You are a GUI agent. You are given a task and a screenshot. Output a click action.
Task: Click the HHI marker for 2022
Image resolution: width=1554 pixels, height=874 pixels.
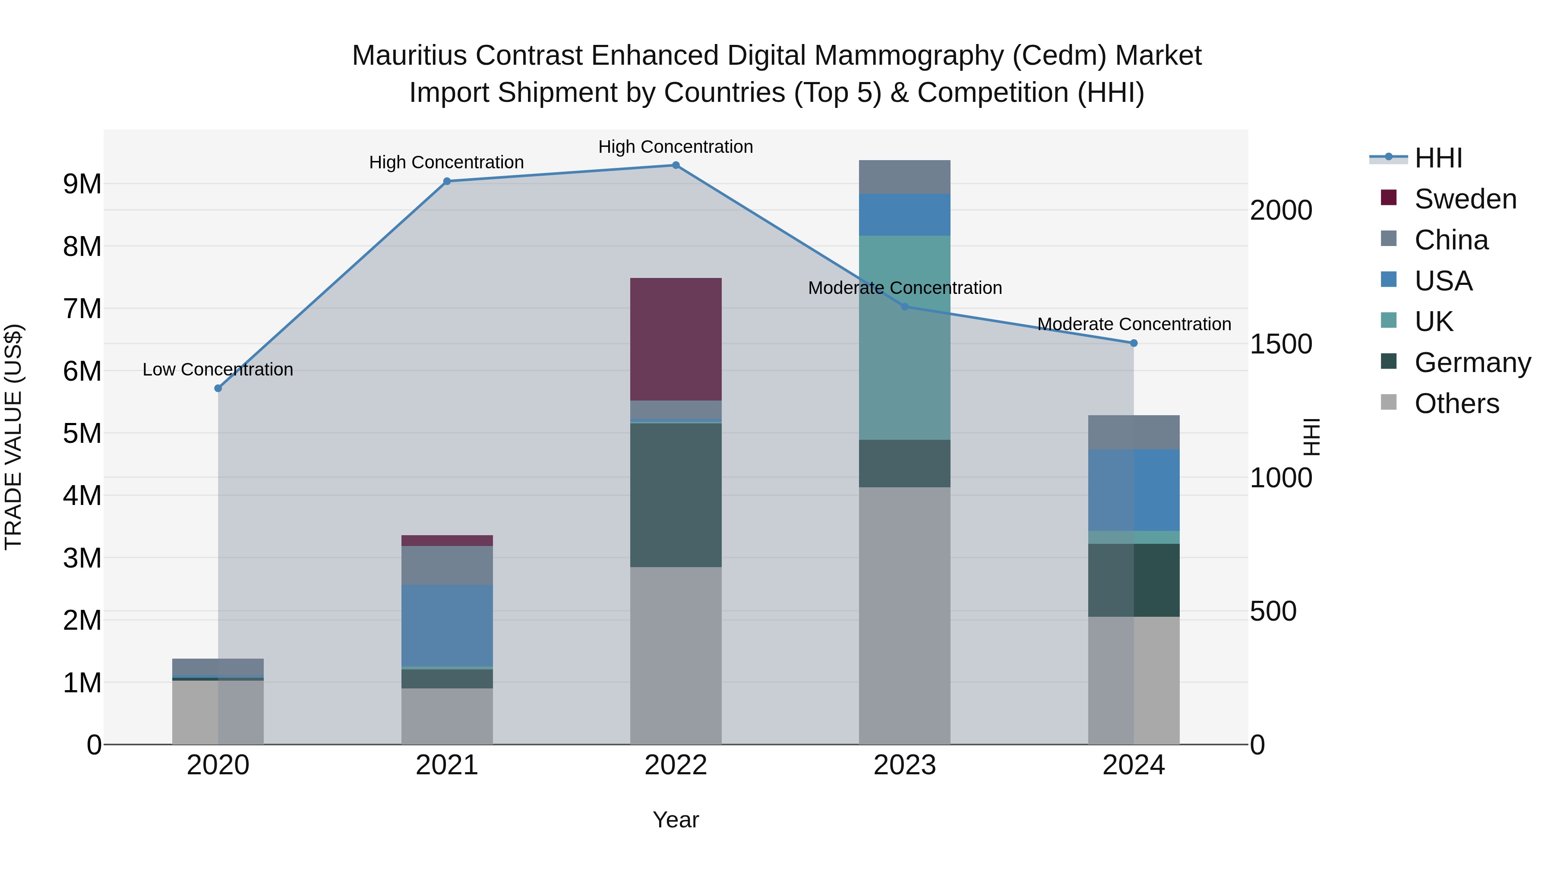point(676,165)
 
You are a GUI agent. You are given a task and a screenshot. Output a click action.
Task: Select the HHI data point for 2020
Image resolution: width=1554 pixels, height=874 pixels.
point(218,388)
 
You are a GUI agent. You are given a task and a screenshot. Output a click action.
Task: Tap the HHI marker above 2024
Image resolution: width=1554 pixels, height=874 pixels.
point(1134,343)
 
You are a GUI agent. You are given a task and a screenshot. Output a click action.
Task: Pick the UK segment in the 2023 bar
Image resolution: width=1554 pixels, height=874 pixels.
point(904,338)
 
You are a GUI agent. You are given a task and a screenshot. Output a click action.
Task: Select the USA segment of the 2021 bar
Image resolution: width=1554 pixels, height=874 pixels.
point(447,625)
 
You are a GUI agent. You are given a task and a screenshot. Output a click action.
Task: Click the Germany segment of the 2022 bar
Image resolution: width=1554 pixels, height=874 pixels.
point(676,495)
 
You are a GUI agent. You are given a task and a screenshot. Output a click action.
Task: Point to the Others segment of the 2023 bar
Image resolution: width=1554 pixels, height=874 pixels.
point(904,615)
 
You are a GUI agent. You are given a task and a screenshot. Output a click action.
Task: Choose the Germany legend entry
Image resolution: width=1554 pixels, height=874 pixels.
point(1472,363)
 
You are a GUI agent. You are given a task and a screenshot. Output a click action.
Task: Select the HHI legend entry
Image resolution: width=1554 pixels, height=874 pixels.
point(1438,158)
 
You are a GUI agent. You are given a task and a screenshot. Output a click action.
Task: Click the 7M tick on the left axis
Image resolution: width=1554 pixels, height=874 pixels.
point(82,309)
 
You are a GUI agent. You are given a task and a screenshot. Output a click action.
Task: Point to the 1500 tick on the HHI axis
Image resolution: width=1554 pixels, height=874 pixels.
point(1281,344)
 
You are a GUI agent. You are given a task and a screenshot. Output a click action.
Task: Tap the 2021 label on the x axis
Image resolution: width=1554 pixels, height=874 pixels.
point(447,765)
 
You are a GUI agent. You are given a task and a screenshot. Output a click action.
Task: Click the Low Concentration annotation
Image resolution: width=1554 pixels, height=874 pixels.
point(218,369)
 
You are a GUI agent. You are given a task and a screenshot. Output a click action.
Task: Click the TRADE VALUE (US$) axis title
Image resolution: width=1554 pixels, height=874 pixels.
point(13,437)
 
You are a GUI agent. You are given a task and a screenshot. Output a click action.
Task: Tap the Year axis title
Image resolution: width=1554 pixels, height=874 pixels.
point(676,820)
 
